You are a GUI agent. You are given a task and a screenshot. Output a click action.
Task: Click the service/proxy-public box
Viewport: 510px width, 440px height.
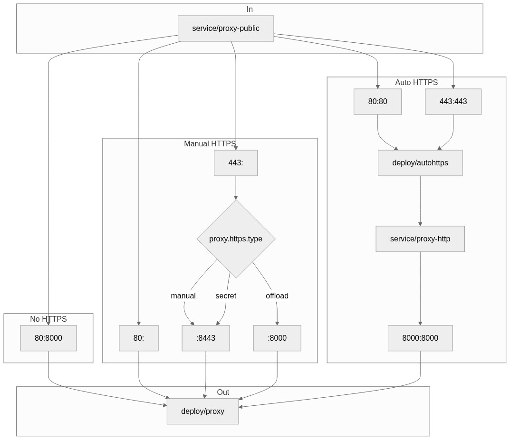pyautogui.click(x=226, y=29)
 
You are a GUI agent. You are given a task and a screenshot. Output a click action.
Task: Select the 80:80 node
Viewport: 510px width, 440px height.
pyautogui.click(x=377, y=102)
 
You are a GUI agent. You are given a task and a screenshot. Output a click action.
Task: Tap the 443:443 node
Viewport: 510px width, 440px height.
pyautogui.click(x=453, y=102)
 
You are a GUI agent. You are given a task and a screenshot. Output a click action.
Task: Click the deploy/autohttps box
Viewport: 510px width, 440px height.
pyautogui.click(x=420, y=163)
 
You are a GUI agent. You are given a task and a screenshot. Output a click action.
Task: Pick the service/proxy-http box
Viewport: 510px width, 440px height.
pyautogui.click(x=420, y=239)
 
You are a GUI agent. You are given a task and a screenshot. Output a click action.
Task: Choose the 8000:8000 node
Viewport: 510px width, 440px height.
pyautogui.click(x=420, y=338)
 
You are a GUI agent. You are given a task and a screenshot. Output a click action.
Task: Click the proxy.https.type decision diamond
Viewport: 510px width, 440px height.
pyautogui.click(x=236, y=239)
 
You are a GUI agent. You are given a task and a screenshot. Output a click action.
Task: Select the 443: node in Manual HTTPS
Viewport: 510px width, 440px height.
pyautogui.click(x=236, y=163)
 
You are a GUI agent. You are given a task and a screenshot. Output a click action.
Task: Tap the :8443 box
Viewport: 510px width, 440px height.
pyautogui.click(x=206, y=338)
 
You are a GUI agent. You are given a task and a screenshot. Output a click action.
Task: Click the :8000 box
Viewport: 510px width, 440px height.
pyautogui.click(x=277, y=338)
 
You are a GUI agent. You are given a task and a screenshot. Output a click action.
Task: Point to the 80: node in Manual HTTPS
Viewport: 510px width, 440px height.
pyautogui.click(x=139, y=338)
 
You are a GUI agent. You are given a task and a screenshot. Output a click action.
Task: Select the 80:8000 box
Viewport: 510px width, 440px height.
pyautogui.click(x=48, y=338)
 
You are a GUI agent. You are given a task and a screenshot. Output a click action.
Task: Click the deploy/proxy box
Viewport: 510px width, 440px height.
pyautogui.click(x=202, y=411)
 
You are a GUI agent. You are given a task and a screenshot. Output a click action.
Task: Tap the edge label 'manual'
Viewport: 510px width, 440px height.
pyautogui.click(x=183, y=296)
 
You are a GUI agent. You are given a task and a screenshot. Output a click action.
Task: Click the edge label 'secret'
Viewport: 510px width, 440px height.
pyautogui.click(x=226, y=296)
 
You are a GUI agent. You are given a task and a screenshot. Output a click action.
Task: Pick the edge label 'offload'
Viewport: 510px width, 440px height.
pyautogui.click(x=277, y=296)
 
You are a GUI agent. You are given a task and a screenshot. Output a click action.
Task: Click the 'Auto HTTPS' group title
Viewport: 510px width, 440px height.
pyautogui.click(x=416, y=83)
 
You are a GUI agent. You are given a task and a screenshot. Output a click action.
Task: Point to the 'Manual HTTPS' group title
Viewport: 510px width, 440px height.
pyautogui.click(x=210, y=144)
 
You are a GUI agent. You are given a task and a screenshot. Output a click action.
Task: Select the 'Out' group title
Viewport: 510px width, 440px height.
pyautogui.click(x=223, y=392)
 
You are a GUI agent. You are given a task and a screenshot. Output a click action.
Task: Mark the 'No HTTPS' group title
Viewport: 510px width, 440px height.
pyautogui.click(x=48, y=319)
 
